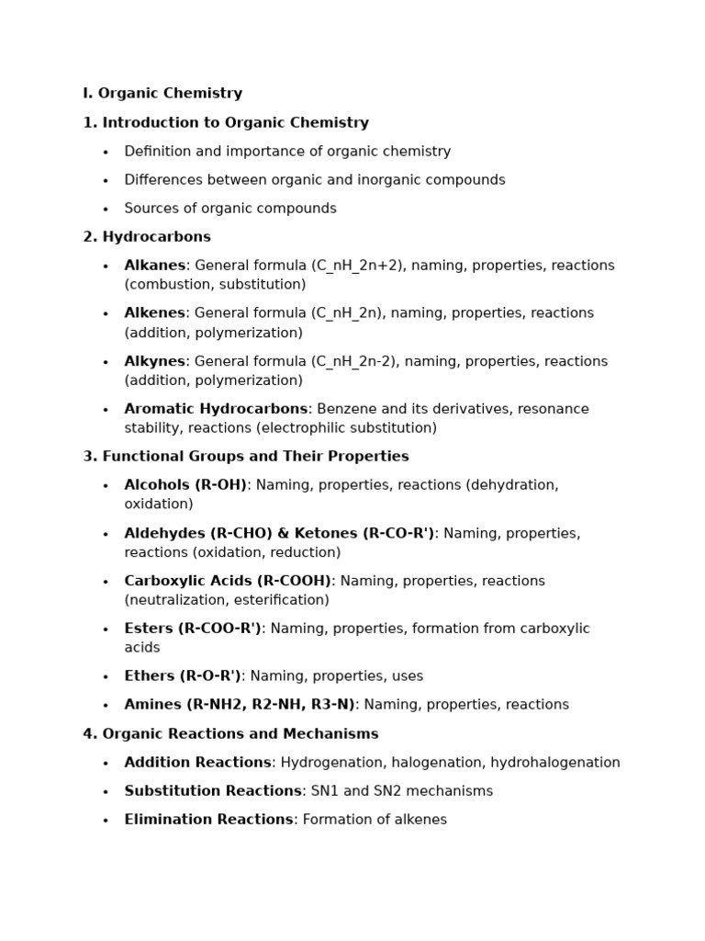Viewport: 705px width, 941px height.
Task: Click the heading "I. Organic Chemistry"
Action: (162, 94)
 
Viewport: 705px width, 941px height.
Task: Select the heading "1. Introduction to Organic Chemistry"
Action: (226, 123)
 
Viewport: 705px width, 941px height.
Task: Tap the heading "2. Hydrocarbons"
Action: (147, 237)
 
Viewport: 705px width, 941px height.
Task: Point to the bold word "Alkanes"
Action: (155, 266)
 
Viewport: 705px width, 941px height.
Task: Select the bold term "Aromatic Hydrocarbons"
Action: (216, 409)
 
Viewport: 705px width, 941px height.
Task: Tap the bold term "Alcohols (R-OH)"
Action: (185, 485)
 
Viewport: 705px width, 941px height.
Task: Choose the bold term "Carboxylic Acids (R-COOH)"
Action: (228, 581)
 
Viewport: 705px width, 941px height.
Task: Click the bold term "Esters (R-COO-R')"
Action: (193, 629)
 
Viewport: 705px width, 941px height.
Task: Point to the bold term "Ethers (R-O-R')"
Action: (183, 676)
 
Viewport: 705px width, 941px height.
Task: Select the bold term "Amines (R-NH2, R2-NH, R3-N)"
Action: (240, 705)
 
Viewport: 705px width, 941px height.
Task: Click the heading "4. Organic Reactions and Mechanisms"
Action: (230, 734)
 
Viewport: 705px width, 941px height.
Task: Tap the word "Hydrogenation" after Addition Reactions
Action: (328, 763)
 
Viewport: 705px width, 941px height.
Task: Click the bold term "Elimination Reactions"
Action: (208, 820)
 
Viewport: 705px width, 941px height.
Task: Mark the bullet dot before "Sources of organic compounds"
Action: (106, 210)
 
